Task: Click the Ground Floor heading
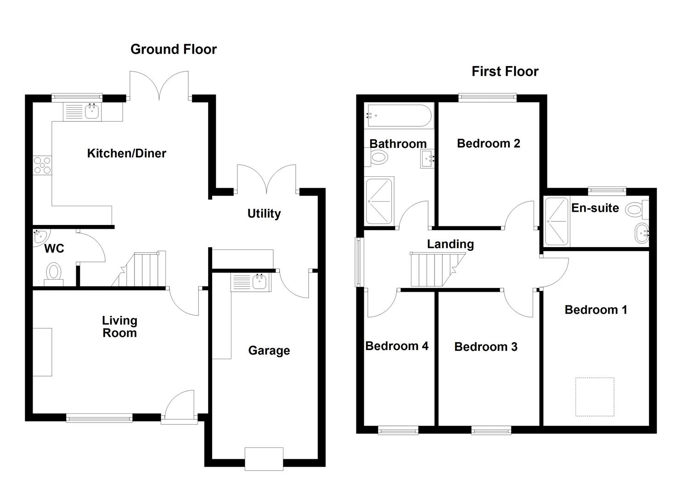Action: (x=173, y=49)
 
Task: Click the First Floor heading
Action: (x=505, y=71)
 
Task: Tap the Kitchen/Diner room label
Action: (x=126, y=153)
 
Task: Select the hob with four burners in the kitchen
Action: (x=42, y=165)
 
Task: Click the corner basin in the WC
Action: (x=40, y=237)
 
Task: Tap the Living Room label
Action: (x=119, y=327)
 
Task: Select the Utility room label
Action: (x=264, y=214)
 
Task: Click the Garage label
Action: (x=269, y=351)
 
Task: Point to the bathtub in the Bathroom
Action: (x=399, y=115)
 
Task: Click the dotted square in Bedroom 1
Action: (x=595, y=397)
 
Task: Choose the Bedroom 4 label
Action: (x=397, y=346)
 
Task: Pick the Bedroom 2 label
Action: (x=488, y=143)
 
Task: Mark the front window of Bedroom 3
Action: (x=491, y=430)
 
